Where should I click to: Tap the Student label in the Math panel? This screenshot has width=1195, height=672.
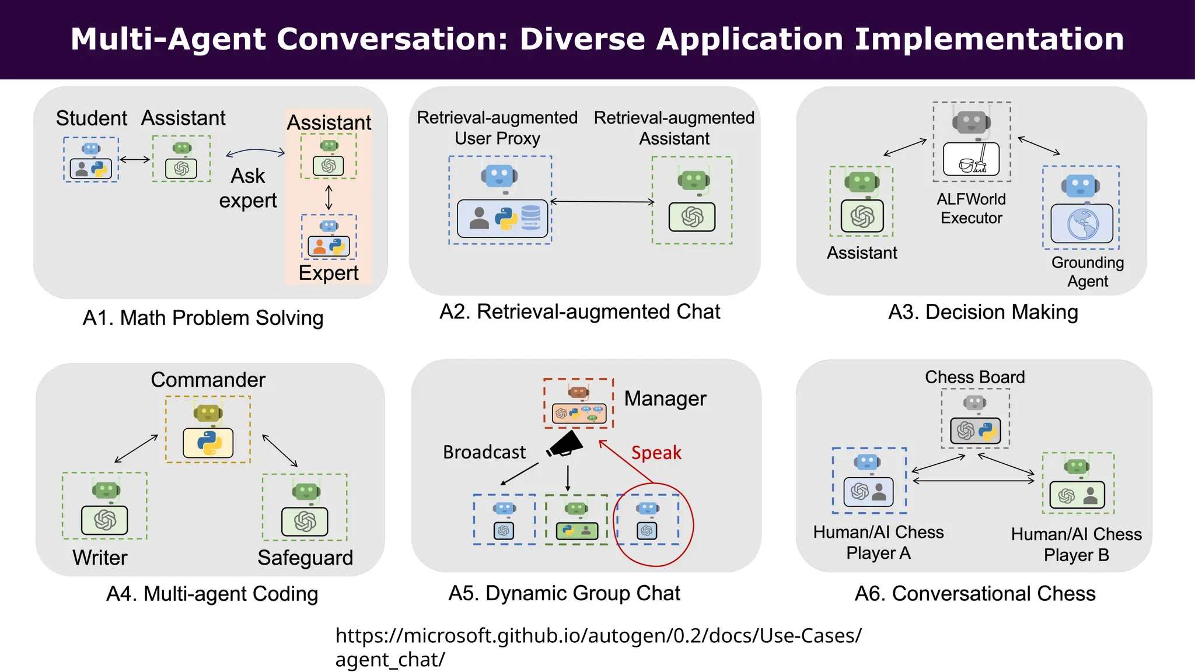[x=91, y=118]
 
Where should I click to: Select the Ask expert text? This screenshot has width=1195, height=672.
[x=248, y=188]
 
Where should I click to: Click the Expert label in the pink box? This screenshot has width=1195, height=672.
[x=329, y=273]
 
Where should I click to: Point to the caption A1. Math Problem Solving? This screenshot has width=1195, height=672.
[x=203, y=318]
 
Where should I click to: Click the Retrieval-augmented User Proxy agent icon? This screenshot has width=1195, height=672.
[x=501, y=200]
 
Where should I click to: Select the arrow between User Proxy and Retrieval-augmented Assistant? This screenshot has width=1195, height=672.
[x=602, y=202]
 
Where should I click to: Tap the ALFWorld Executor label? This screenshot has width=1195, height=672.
[x=971, y=208]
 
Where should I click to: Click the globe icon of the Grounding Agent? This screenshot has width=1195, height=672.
[x=1082, y=224]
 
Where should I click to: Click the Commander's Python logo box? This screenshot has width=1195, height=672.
[x=208, y=443]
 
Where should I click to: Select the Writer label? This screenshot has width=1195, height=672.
[x=100, y=558]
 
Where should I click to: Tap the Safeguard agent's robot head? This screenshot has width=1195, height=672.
[x=306, y=492]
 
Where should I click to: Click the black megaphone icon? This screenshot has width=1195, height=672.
[x=565, y=446]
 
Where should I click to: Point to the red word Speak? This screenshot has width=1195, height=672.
[x=656, y=453]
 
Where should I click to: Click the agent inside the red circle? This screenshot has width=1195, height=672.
[x=647, y=521]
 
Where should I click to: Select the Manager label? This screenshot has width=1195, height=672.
[x=665, y=399]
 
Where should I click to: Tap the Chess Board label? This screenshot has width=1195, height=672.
[x=974, y=377]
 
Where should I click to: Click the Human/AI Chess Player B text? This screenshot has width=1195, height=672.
[x=1076, y=544]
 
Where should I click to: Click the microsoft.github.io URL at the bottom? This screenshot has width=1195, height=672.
[x=597, y=636]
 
